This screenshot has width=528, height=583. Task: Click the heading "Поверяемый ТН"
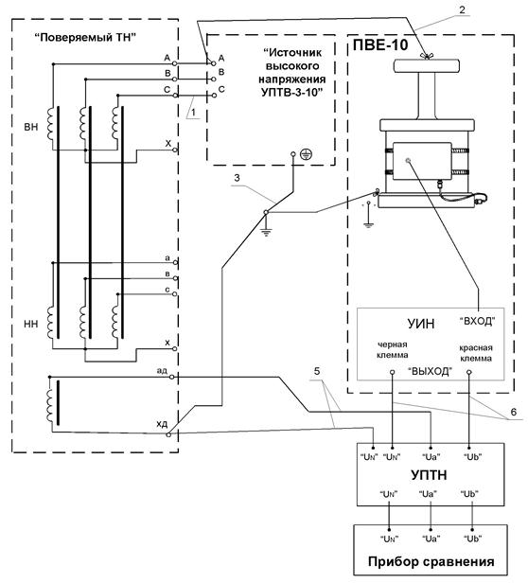click(x=84, y=38)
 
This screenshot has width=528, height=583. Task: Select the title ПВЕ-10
click(x=380, y=45)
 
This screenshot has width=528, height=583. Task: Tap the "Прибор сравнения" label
click(x=431, y=561)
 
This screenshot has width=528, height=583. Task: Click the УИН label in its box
click(x=420, y=324)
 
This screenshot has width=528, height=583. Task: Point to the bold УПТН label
click(x=429, y=475)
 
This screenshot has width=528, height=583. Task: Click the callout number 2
click(x=462, y=9)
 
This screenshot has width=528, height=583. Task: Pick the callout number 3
click(x=237, y=178)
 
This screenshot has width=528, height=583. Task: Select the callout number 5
click(x=317, y=371)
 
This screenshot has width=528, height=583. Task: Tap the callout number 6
click(x=514, y=412)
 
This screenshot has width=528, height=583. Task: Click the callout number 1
click(x=193, y=112)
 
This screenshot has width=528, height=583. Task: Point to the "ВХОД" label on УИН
click(x=478, y=321)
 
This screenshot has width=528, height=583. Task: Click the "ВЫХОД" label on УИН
click(x=431, y=371)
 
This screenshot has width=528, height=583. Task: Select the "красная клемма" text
click(x=476, y=353)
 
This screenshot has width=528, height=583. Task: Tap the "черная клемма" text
click(x=393, y=349)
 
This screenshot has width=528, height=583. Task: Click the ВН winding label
click(x=31, y=128)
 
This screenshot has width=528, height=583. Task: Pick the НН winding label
click(x=31, y=325)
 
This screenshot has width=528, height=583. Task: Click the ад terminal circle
click(x=172, y=377)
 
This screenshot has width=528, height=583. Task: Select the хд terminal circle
click(x=168, y=434)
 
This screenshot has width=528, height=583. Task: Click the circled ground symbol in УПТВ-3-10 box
click(x=306, y=153)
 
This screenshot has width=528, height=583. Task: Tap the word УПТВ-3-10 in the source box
click(x=291, y=92)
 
